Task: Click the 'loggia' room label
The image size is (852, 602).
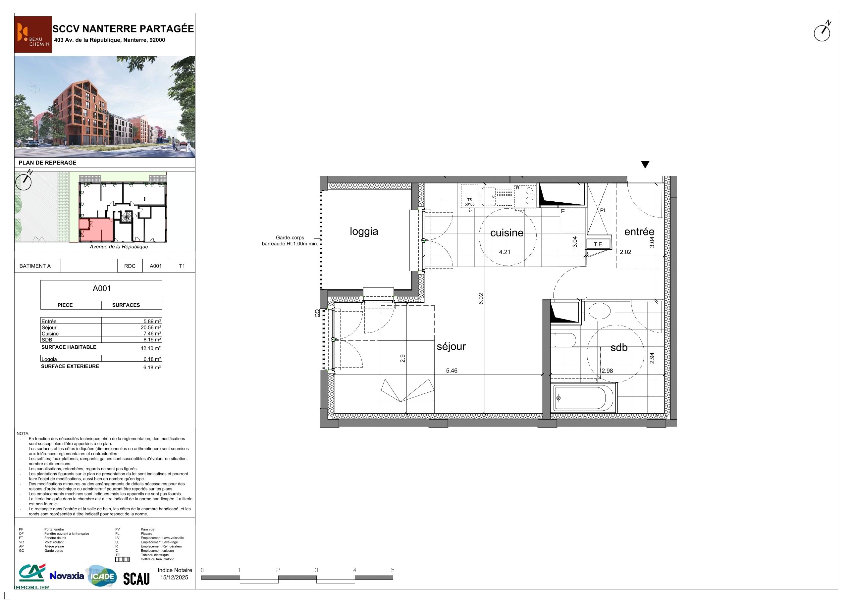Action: (x=364, y=231)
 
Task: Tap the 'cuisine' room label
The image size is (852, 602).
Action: (x=506, y=232)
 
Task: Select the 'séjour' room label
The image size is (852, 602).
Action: (x=451, y=346)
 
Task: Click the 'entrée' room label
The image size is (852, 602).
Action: (x=639, y=231)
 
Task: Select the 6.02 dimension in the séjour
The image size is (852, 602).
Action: (x=481, y=299)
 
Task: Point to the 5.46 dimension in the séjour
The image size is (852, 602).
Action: (x=452, y=371)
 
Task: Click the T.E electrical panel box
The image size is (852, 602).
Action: (x=598, y=244)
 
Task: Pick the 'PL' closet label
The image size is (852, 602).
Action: (x=603, y=210)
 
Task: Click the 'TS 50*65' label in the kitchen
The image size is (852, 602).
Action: (x=469, y=202)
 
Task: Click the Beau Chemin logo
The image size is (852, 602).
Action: (x=33, y=34)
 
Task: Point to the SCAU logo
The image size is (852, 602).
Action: (x=136, y=578)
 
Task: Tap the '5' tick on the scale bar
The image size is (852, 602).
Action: (x=393, y=570)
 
